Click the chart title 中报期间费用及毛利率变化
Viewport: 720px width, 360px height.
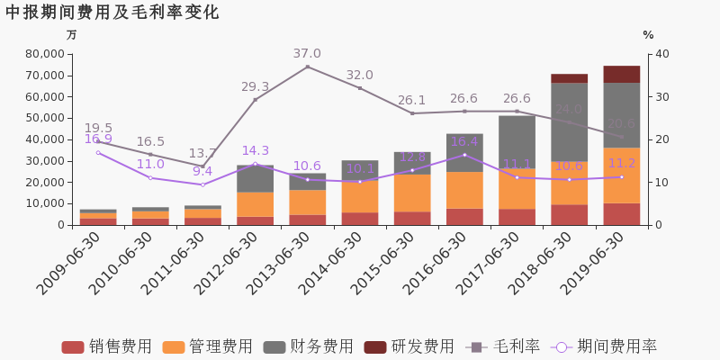click(x=112, y=13)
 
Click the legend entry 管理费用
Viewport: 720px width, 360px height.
click(x=209, y=346)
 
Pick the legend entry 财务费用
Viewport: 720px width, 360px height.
click(x=310, y=346)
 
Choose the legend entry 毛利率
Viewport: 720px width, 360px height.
click(x=503, y=346)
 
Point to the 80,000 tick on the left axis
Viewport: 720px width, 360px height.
click(x=39, y=54)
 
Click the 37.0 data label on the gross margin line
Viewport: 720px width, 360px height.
click(x=307, y=54)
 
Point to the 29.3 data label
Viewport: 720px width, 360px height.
click(x=255, y=87)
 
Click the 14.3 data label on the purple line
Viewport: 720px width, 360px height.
click(x=255, y=151)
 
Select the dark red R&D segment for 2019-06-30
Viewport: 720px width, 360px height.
click(x=621, y=74)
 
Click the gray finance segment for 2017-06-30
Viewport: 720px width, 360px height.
click(x=517, y=141)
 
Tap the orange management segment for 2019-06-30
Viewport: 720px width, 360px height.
click(x=621, y=175)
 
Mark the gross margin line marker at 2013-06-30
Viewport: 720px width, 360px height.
click(x=307, y=67)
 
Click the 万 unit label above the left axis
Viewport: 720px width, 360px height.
click(x=71, y=35)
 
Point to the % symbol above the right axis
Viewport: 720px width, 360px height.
click(x=648, y=35)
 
